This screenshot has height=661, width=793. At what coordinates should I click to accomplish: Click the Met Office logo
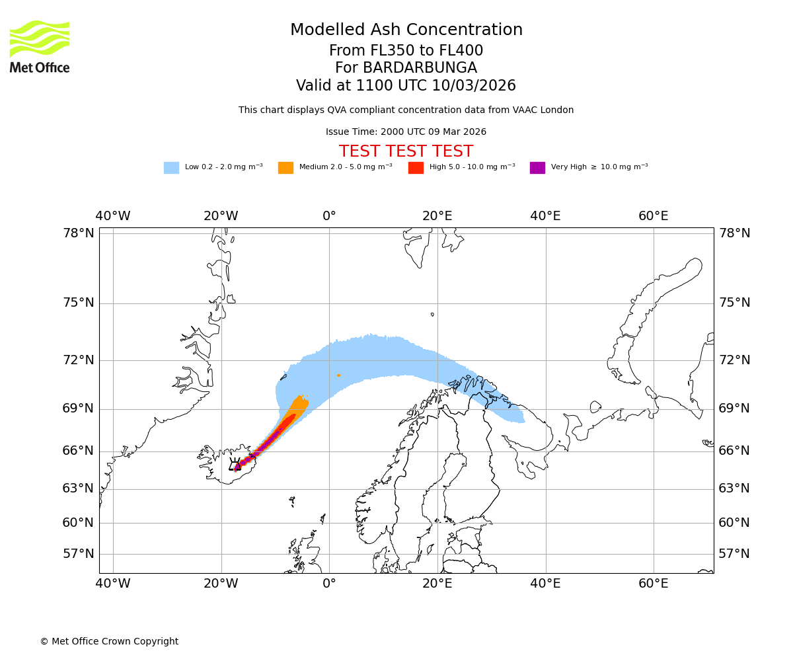(x=40, y=47)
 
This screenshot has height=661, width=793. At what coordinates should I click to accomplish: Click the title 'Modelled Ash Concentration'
(x=406, y=30)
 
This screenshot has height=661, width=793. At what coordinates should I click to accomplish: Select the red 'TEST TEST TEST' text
(x=406, y=152)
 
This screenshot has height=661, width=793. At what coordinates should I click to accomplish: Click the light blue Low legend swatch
(x=171, y=168)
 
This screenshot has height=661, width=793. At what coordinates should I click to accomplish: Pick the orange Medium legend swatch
(x=285, y=168)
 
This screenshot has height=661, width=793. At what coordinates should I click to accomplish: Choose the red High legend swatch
(x=416, y=168)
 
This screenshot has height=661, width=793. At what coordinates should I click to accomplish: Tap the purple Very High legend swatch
(x=537, y=168)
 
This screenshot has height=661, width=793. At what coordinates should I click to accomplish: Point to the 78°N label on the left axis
(x=79, y=233)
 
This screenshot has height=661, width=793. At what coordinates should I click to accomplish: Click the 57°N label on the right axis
(x=734, y=554)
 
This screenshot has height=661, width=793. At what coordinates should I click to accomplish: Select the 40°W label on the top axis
(x=113, y=216)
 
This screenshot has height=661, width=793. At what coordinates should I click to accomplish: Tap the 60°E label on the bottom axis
(x=653, y=584)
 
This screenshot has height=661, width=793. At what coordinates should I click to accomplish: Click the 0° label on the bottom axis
(x=329, y=584)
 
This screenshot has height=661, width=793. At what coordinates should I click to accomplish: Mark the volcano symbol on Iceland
(x=235, y=465)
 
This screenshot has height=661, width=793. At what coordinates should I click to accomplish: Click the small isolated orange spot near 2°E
(x=338, y=375)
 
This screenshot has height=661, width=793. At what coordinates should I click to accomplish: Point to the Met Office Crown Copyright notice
(x=109, y=642)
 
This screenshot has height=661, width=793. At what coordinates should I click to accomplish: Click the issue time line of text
(x=406, y=132)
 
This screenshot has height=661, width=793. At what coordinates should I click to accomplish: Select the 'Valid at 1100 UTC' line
(x=406, y=86)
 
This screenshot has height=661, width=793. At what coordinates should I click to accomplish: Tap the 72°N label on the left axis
(x=79, y=360)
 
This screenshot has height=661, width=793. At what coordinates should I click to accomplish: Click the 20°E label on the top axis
(x=437, y=216)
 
